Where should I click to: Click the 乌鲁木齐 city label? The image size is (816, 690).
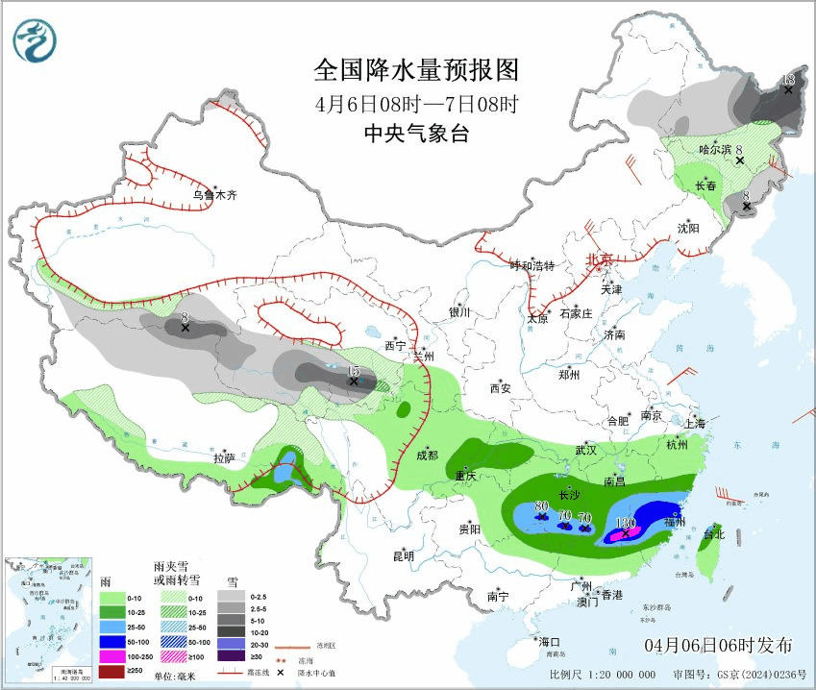point(214,195)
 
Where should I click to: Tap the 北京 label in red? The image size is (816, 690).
point(600,259)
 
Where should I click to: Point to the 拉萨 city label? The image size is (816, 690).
point(224,458)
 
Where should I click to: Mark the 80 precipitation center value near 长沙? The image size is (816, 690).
point(541,506)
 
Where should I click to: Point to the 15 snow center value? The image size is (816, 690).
point(353,371)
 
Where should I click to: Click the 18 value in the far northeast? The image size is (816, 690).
point(788,79)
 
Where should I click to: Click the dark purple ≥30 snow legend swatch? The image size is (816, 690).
point(232,655)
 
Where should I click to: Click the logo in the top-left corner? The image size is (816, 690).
point(35,39)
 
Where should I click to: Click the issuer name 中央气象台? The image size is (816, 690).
point(416,135)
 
